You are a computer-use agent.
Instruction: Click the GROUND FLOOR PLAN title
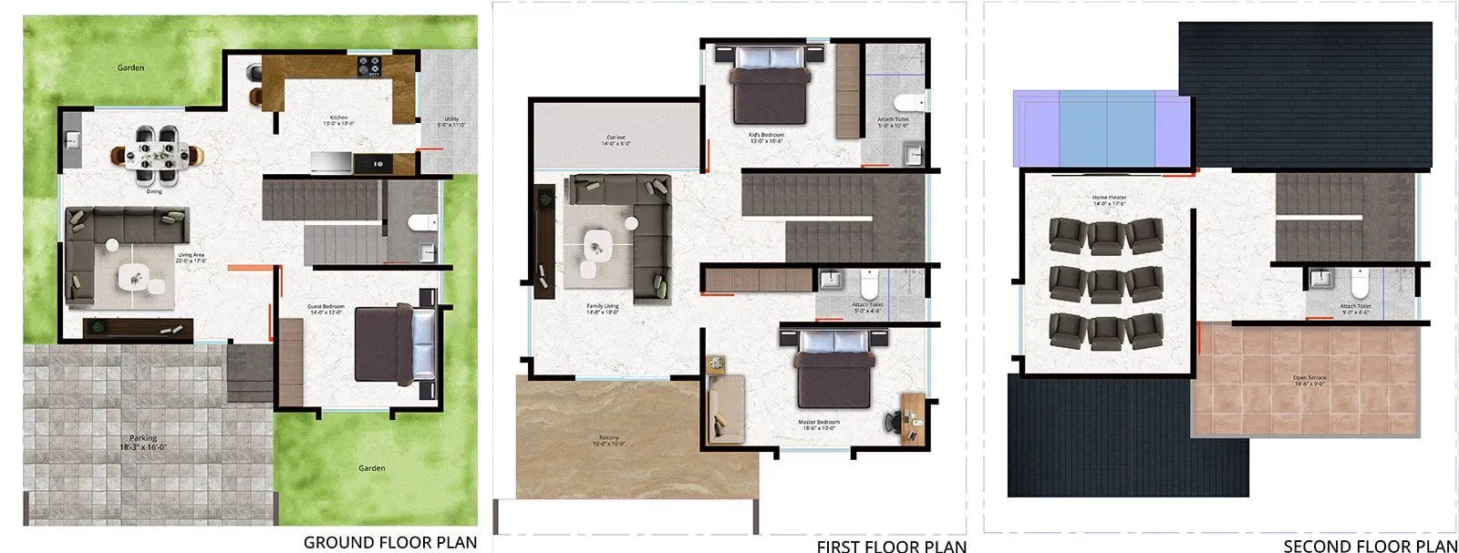tap(389, 542)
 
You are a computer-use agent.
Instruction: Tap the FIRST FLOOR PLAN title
tap(891, 546)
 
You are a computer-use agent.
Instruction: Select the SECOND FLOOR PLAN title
tap(1370, 546)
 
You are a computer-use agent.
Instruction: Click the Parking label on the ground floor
tap(143, 443)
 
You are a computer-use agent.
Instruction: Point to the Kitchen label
tap(339, 120)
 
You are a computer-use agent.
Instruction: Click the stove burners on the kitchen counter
tap(369, 66)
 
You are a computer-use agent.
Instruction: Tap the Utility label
tap(451, 122)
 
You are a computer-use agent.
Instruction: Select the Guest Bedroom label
tap(326, 310)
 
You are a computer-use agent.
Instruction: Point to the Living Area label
tap(191, 258)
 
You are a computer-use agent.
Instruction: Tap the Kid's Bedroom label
tap(767, 138)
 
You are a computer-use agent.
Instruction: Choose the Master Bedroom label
tap(819, 425)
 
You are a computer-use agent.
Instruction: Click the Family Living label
tap(603, 309)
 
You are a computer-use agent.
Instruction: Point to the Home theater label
tap(1110, 200)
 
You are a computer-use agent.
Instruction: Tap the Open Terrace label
tap(1309, 380)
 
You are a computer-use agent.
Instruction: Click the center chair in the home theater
tap(1106, 283)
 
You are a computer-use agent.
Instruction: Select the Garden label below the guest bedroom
tap(371, 468)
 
